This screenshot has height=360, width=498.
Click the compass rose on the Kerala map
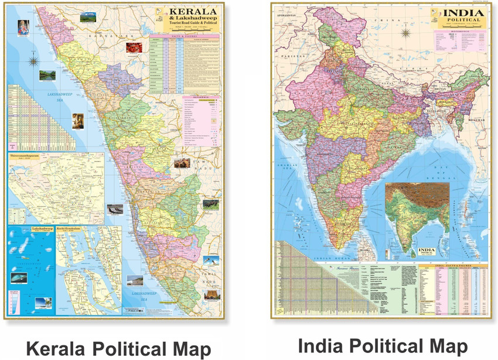(x=34, y=60)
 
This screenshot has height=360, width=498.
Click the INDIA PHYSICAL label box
(x=426, y=251)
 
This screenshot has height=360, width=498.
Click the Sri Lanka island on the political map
(x=363, y=241)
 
